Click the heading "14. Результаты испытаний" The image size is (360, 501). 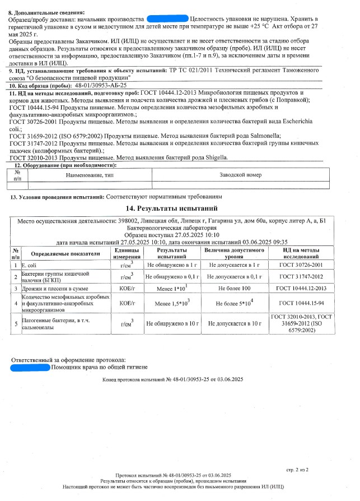[x=179, y=208]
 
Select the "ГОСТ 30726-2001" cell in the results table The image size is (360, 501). [x=302, y=264]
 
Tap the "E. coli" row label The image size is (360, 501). [x=30, y=264]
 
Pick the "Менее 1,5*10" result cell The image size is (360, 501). [x=171, y=304]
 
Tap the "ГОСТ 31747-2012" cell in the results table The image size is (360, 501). [x=302, y=276]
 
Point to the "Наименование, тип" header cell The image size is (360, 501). [x=90, y=175]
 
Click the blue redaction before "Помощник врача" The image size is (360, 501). [x=30, y=368]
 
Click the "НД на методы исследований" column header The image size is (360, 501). [x=302, y=253]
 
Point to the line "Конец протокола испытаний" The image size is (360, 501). [x=172, y=380]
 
